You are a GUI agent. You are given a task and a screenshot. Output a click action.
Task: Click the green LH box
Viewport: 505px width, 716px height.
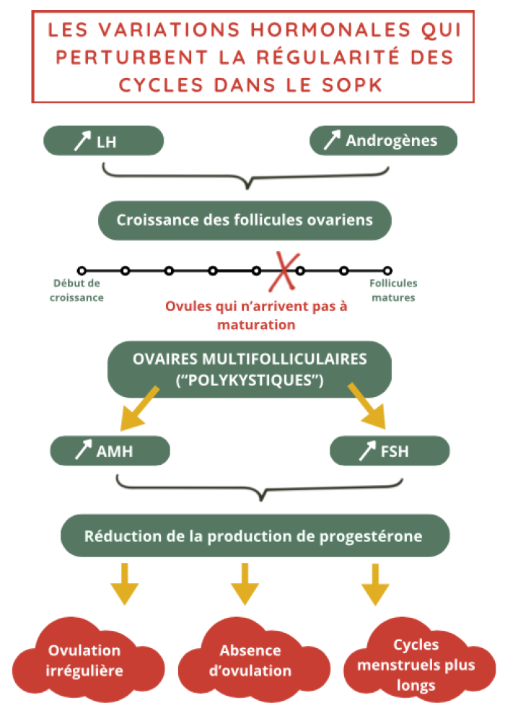(104, 141)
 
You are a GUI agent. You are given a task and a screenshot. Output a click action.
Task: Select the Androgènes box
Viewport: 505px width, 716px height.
(383, 141)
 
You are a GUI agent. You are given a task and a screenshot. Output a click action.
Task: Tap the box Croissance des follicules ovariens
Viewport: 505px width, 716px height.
(245, 219)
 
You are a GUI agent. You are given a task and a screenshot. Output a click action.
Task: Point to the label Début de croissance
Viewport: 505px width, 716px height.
(77, 290)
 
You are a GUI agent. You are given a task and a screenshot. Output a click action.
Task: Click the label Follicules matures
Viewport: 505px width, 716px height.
(393, 290)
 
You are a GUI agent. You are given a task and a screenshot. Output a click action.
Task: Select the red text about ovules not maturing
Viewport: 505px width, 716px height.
(256, 315)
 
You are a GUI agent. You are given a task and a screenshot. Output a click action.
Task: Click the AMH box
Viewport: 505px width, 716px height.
(110, 451)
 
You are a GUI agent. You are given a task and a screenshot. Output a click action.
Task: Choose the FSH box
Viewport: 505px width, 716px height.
(390, 451)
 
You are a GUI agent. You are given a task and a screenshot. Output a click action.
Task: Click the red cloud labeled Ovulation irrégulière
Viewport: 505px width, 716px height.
(84, 660)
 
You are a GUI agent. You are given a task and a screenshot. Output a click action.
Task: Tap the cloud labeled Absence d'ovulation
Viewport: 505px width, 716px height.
(250, 660)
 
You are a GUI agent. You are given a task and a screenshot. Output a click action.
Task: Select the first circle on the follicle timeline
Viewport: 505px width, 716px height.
(82, 271)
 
